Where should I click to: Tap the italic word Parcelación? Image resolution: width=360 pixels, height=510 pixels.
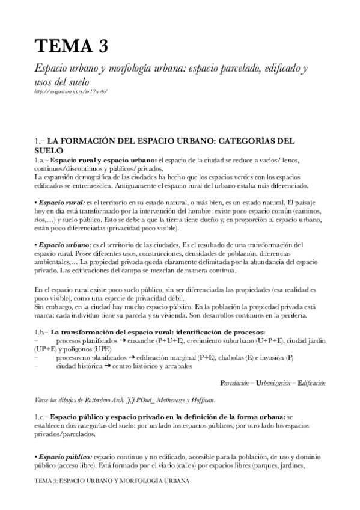(240, 382)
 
